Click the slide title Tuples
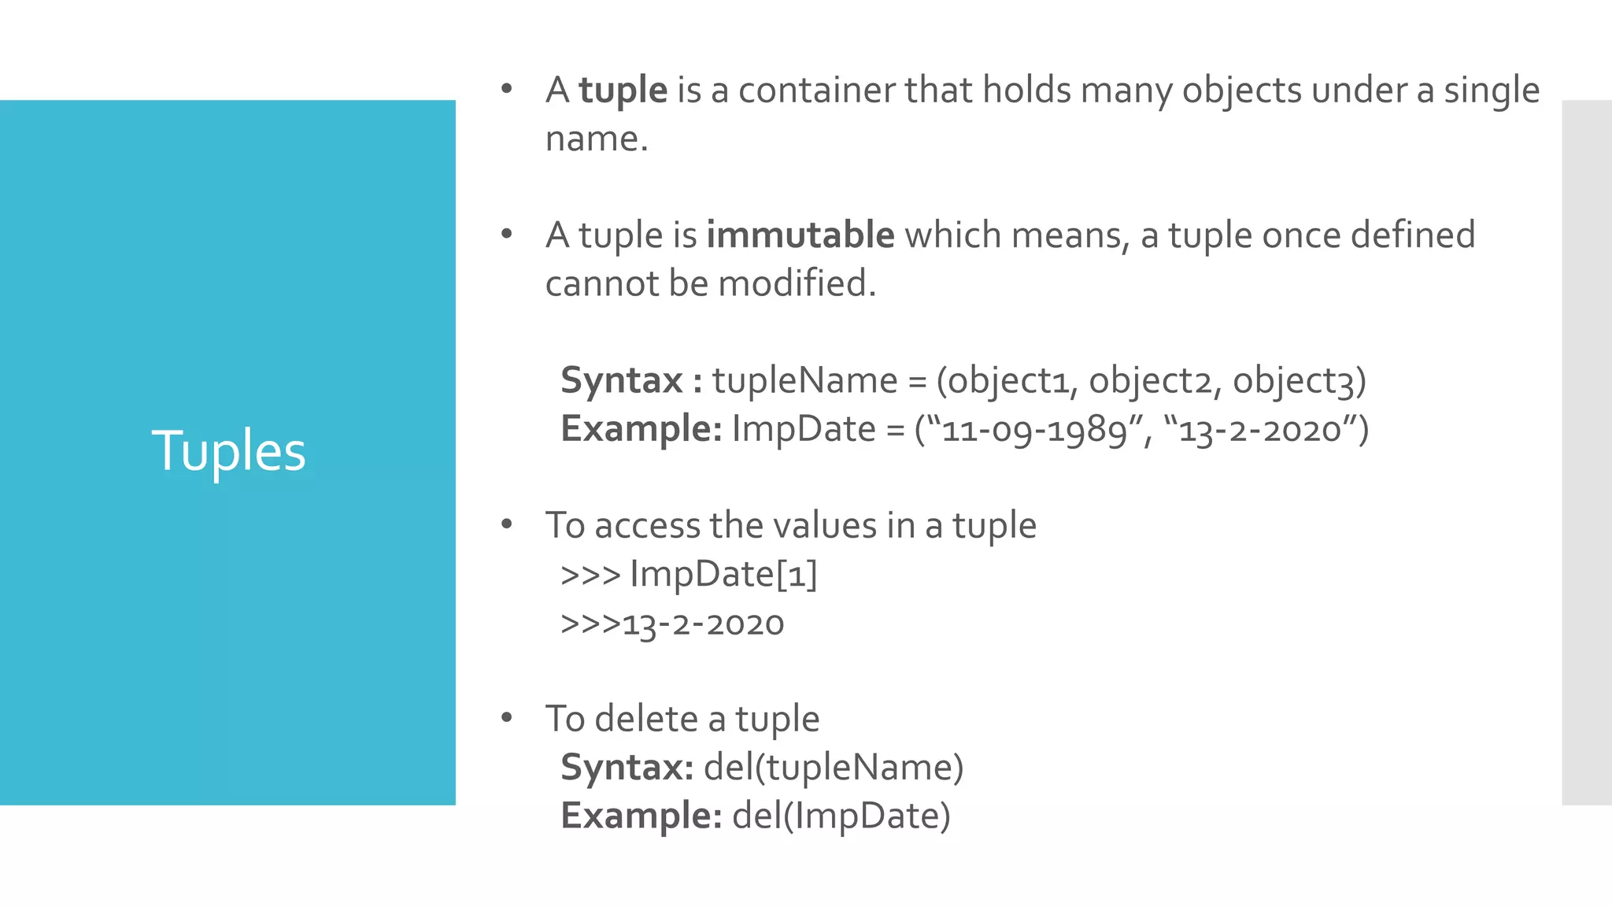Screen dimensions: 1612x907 [228, 451]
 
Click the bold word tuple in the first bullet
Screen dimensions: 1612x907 [623, 90]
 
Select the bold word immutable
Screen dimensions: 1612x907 [800, 235]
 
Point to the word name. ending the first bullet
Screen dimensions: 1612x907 [596, 139]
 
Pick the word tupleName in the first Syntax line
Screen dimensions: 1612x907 [804, 380]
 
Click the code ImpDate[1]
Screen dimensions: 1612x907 [723, 573]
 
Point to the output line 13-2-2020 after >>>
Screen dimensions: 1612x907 [703, 624]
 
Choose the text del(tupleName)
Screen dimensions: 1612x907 [833, 767]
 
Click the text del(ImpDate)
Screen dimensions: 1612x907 [841, 816]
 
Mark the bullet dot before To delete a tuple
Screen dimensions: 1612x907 [507, 716]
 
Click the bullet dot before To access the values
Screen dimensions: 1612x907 [507, 523]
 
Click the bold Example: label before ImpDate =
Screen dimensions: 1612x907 [641, 429]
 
